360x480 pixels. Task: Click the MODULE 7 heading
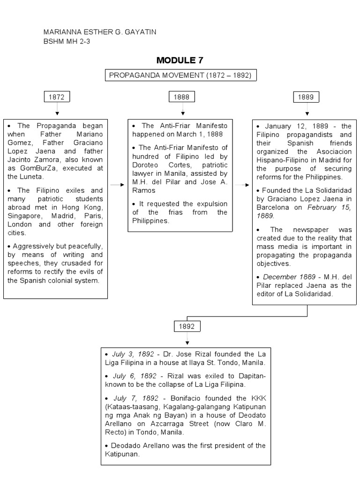[180, 60]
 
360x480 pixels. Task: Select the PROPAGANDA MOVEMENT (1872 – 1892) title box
[180, 75]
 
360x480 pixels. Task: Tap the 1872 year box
[57, 97]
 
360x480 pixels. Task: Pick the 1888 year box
[182, 97]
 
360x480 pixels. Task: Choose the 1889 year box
[307, 97]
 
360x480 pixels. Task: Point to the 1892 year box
[186, 327]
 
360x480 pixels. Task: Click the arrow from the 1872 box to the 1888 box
[117, 185]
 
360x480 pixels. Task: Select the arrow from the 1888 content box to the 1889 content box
[242, 185]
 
